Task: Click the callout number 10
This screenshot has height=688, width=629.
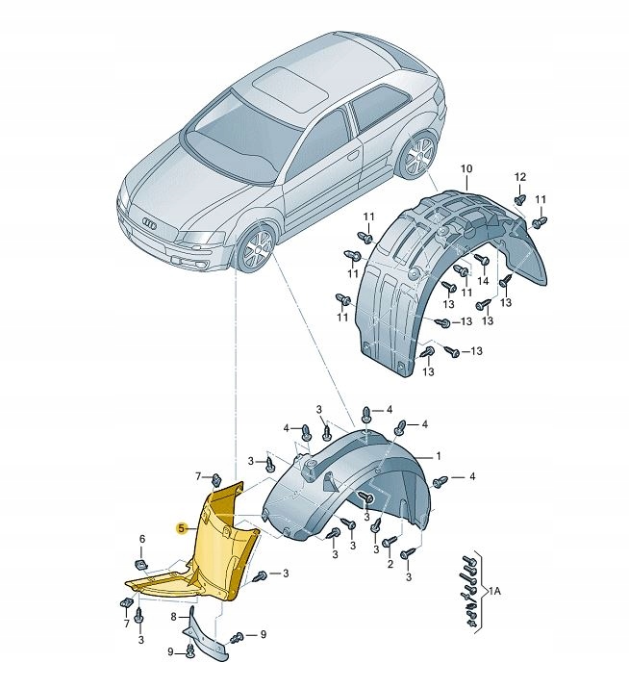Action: tap(466, 169)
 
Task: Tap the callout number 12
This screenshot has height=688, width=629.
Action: tap(520, 176)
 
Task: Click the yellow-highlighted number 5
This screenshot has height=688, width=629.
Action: tap(181, 527)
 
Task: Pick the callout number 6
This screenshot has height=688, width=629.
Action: tap(142, 539)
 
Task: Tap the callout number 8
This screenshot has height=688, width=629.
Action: tap(174, 617)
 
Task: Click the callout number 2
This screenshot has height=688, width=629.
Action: tap(390, 566)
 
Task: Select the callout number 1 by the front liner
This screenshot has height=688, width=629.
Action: tap(438, 456)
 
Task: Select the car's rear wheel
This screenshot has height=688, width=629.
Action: tap(418, 156)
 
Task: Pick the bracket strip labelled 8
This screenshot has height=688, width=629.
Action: tap(207, 639)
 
